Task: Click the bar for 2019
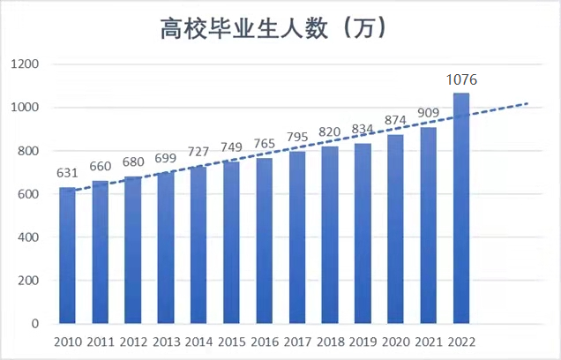[363, 234]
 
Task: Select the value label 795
[297, 138]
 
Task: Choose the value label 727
[199, 153]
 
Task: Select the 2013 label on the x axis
[167, 341]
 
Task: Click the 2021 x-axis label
[429, 341]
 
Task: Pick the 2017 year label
[297, 341]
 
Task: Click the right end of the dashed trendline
[527, 104]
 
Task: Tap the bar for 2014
[199, 245]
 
